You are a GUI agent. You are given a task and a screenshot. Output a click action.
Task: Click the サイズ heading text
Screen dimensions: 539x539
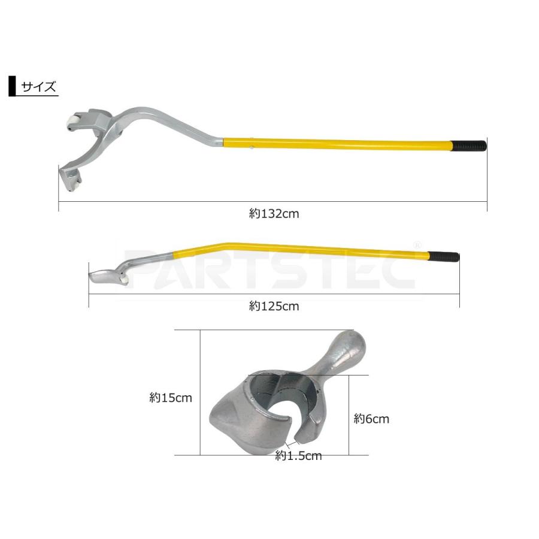(x=38, y=86)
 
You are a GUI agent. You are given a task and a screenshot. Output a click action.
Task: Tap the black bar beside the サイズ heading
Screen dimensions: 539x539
(x=13, y=86)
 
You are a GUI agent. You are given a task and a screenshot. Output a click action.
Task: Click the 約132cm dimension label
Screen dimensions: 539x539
(x=274, y=214)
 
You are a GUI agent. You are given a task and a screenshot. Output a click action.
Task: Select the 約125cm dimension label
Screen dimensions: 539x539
(x=274, y=306)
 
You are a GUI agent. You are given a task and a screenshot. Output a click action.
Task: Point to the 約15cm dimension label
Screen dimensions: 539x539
(x=171, y=398)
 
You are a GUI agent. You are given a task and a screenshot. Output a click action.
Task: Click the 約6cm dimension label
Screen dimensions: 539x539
(x=371, y=419)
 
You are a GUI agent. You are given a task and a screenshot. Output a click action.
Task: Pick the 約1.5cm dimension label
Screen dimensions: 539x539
(x=298, y=456)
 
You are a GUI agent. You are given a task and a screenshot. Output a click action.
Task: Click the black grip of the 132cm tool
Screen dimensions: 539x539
(x=469, y=146)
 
